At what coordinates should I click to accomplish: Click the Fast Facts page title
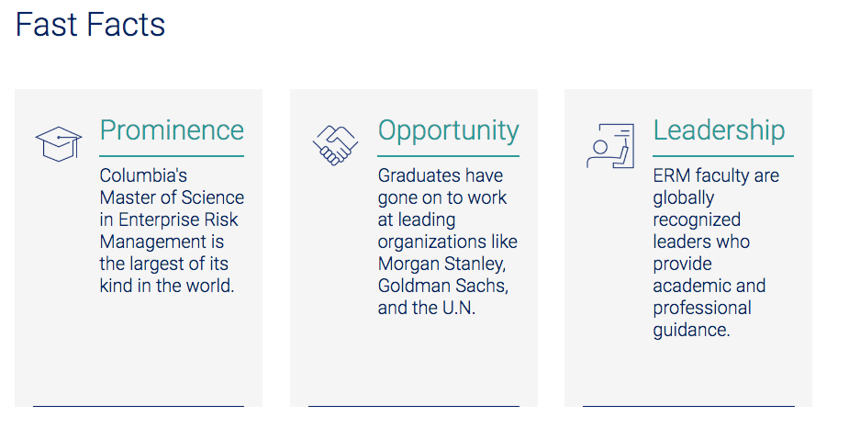(x=91, y=25)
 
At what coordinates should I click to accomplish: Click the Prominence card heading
(x=172, y=130)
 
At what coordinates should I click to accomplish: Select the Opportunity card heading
(x=448, y=131)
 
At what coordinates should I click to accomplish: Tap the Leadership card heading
(x=719, y=130)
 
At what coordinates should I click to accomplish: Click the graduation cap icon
(x=59, y=143)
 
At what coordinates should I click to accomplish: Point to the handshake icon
(x=335, y=145)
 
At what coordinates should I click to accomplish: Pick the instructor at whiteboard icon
(x=610, y=145)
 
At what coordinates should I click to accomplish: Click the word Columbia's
(x=143, y=175)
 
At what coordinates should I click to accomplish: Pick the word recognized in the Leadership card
(x=697, y=220)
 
